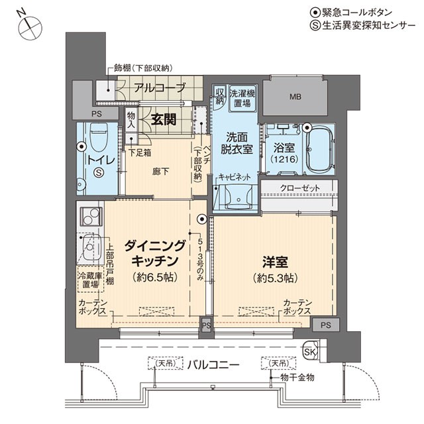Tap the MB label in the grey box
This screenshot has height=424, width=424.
click(295, 97)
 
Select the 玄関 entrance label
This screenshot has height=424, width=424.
click(164, 119)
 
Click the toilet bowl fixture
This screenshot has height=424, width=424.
click(99, 136)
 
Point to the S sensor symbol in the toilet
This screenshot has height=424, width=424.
click(99, 172)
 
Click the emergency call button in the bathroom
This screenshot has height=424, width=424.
click(307, 127)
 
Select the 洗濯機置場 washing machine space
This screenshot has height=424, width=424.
click(242, 99)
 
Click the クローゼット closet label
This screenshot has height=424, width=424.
click(299, 187)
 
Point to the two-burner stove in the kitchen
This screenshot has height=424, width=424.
click(91, 217)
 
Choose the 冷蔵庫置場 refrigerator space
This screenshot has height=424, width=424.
click(91, 280)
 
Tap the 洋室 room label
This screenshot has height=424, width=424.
click(276, 262)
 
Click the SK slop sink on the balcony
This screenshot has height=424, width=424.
click(311, 352)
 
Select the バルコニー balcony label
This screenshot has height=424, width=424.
click(213, 365)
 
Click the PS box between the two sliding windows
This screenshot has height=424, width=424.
click(206, 325)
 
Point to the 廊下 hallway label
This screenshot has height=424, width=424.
click(160, 172)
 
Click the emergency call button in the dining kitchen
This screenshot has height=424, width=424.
click(201, 219)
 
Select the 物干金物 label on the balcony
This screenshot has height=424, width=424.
click(297, 378)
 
